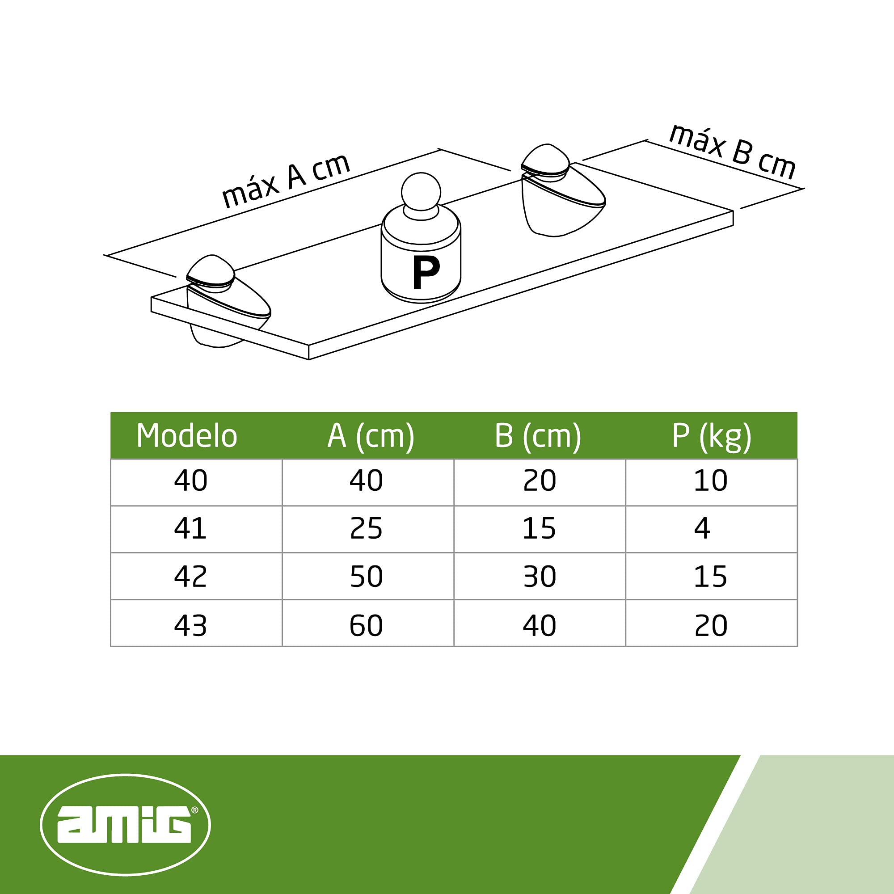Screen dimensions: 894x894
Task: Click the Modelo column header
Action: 187,436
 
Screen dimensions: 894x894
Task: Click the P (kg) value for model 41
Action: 702,528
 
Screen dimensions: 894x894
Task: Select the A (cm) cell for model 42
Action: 367,577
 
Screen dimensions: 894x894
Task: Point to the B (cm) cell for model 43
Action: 540,625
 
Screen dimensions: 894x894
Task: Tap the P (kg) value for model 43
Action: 711,625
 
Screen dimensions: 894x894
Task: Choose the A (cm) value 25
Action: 367,528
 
